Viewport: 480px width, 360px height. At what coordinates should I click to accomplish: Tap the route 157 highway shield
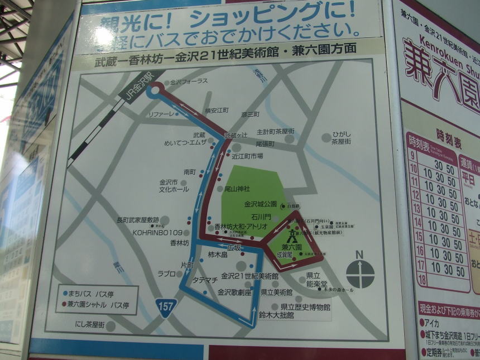[166, 306]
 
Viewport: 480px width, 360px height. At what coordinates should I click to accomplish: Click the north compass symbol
[360, 272]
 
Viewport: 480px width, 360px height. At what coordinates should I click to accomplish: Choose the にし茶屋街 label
[85, 324]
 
